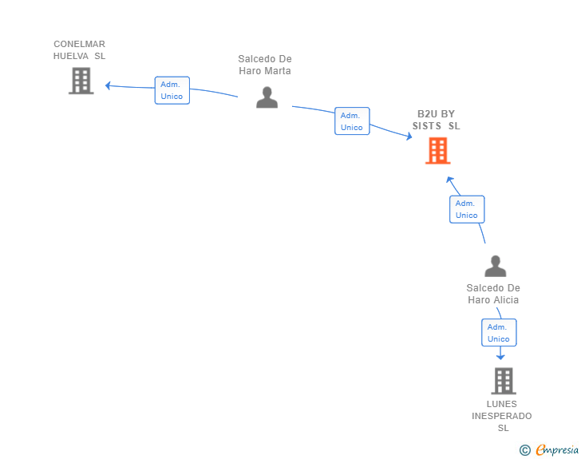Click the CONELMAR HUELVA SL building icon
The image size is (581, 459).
[x=81, y=81]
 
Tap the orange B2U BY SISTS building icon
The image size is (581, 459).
[x=437, y=150]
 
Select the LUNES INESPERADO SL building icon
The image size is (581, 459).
[x=503, y=381]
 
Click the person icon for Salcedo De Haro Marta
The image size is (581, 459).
[x=267, y=97]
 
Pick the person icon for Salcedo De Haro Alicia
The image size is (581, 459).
[x=495, y=267]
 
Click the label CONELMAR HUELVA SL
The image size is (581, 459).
[x=79, y=50]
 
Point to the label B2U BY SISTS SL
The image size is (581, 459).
[x=436, y=120]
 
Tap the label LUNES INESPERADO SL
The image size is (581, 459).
[x=502, y=416]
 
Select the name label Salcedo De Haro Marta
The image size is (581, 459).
[x=265, y=65]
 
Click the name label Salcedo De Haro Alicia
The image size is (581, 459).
[x=493, y=294]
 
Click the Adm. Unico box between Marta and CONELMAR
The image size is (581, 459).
[x=172, y=90]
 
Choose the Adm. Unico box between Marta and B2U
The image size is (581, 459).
[x=351, y=121]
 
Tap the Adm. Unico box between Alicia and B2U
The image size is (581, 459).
[x=466, y=209]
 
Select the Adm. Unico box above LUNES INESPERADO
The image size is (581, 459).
[x=498, y=333]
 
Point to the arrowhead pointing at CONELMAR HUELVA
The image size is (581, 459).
[x=109, y=85]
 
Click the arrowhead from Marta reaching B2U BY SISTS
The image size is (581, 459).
[x=409, y=137]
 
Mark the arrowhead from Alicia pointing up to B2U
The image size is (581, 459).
[x=450, y=180]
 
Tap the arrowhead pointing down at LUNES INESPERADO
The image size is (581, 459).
[x=500, y=357]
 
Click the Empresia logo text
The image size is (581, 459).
[x=557, y=450]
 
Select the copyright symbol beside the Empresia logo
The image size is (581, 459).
[x=524, y=450]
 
